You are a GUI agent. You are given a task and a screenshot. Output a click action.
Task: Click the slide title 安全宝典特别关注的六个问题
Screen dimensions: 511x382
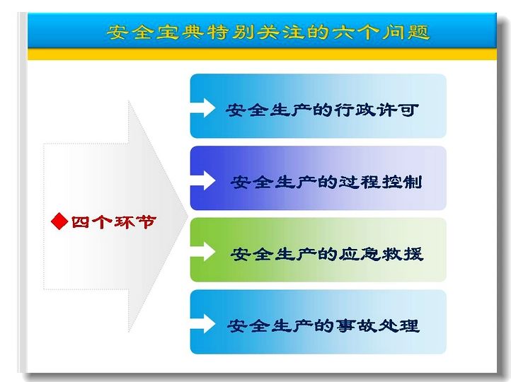tap(268, 32)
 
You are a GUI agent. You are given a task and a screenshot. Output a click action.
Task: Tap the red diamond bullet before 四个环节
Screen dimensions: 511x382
tap(59, 221)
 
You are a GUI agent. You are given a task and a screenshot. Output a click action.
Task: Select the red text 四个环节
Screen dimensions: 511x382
tap(113, 222)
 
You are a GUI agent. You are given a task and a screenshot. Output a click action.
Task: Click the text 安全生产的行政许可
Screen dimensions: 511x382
tap(322, 110)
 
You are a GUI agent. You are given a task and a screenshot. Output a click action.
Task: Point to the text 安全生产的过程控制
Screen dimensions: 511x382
tap(326, 182)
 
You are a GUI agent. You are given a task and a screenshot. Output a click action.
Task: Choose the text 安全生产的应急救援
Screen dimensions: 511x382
tap(326, 254)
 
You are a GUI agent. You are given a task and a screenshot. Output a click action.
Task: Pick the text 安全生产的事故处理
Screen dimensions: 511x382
tap(323, 325)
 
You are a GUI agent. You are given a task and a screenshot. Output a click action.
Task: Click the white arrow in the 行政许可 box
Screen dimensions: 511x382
tap(202, 108)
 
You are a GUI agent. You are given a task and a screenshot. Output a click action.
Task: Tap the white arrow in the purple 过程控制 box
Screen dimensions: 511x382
tap(202, 180)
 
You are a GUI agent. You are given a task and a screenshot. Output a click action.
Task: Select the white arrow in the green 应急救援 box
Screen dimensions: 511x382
tap(202, 251)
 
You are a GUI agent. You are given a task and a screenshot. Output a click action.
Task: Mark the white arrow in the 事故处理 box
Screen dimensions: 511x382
tap(202, 323)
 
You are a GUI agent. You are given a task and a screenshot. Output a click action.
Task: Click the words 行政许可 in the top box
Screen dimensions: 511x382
tap(376, 110)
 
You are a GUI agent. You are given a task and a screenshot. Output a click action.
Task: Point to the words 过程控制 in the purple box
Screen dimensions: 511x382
tap(380, 182)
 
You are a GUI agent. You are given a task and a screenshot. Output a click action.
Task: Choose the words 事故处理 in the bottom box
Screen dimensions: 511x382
tap(377, 325)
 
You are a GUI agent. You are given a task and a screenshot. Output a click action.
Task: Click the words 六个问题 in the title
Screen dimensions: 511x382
tap(381, 32)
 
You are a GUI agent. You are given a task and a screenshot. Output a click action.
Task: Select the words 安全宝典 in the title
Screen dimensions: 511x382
tap(155, 32)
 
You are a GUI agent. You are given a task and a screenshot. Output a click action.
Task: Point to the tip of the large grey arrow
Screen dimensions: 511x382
tap(188, 216)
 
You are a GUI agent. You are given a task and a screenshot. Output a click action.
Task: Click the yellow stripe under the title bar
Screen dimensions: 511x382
tap(262, 54)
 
